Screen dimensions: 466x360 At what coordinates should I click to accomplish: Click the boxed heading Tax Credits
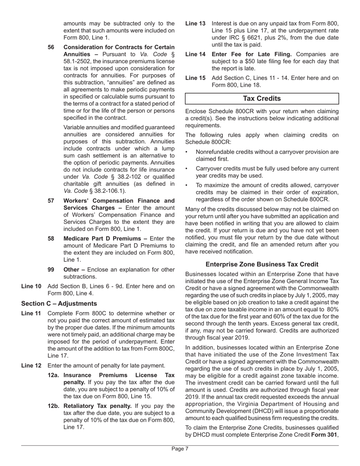pyautogui.click(x=261, y=99)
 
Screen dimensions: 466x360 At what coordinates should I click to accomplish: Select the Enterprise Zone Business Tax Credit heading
pyautogui.click(x=261, y=264)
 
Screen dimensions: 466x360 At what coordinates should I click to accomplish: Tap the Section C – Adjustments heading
pyautogui.click(x=59, y=303)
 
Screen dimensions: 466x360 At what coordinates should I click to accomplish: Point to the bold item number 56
pyautogui.click(x=51, y=47)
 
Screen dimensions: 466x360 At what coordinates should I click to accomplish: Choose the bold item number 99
pyautogui.click(x=51, y=269)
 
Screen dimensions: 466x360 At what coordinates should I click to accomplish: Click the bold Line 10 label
pyautogui.click(x=31, y=286)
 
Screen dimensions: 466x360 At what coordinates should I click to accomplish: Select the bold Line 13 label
pyautogui.click(x=195, y=23)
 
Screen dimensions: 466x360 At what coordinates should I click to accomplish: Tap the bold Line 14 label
pyautogui.click(x=195, y=54)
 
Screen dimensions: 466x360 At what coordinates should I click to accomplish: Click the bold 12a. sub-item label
pyautogui.click(x=55, y=375)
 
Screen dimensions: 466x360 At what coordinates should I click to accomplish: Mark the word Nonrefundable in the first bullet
pyautogui.click(x=215, y=152)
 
